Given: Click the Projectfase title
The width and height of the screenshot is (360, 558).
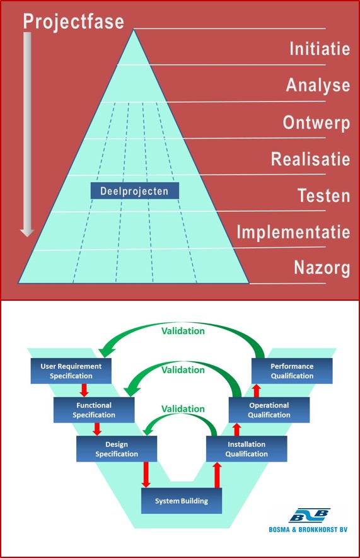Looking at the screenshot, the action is [74, 21].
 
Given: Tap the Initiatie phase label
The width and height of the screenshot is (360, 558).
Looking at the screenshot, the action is [320, 49].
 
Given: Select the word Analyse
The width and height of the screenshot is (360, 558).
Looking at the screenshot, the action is [318, 86].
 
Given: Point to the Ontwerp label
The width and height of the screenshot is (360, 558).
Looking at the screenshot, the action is [316, 123].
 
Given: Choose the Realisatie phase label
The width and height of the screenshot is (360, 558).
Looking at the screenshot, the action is [311, 159].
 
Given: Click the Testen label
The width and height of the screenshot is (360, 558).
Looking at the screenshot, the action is [323, 195].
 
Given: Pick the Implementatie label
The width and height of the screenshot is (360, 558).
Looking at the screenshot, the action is [293, 232].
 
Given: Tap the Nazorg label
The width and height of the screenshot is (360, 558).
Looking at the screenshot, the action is [322, 268].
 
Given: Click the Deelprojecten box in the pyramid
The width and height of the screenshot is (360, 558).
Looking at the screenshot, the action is [135, 191].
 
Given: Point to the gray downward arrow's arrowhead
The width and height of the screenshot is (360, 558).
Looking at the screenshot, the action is [27, 233].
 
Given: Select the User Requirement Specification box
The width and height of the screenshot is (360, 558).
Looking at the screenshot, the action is [71, 371].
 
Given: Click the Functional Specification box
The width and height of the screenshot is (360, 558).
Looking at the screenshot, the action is [94, 410].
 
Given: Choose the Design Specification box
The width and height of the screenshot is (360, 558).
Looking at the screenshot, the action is [117, 449].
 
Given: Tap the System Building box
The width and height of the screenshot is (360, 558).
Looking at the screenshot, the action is [182, 501].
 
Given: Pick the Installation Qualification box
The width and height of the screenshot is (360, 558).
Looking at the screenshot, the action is [247, 449].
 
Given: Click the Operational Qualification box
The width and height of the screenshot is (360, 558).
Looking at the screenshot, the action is [269, 410].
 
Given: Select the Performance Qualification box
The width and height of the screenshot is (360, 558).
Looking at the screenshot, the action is [292, 371].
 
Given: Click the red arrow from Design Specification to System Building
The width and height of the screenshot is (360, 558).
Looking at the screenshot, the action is [146, 475].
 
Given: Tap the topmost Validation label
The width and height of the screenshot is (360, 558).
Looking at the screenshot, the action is [183, 331].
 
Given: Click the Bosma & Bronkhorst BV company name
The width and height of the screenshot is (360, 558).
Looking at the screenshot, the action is [308, 530].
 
